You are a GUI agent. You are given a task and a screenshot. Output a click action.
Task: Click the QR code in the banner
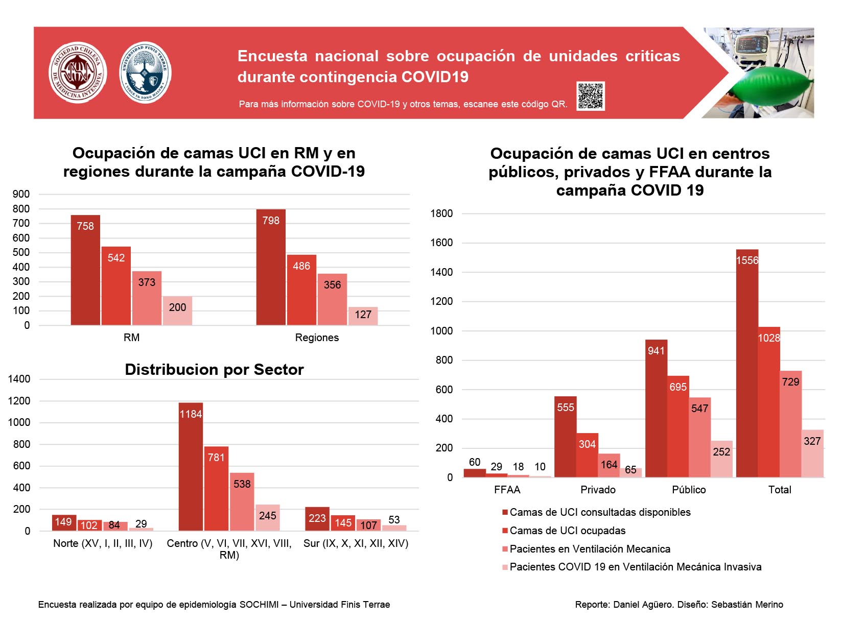pyautogui.click(x=590, y=95)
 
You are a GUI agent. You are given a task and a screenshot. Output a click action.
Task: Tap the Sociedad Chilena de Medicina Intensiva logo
pyautogui.click(x=78, y=72)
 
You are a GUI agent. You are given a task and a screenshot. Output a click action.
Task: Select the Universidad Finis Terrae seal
pyautogui.click(x=145, y=72)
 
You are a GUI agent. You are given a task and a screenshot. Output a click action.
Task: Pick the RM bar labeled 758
pyautogui.click(x=85, y=270)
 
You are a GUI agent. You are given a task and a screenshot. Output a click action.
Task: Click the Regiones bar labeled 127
pyautogui.click(x=363, y=316)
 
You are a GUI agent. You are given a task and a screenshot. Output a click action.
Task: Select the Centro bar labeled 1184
pyautogui.click(x=191, y=466)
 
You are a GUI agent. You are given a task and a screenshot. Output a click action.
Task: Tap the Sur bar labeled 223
pyautogui.click(x=317, y=519)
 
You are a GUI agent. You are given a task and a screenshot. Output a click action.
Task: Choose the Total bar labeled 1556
pyautogui.click(x=747, y=363)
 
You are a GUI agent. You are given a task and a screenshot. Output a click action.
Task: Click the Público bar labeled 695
pyautogui.click(x=677, y=426)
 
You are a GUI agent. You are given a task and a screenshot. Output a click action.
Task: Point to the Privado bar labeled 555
pyautogui.click(x=565, y=437)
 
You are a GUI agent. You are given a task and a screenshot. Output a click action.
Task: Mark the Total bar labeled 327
pyautogui.click(x=812, y=453)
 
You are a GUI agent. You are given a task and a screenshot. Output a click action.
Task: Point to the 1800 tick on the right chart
pyautogui.click(x=441, y=213)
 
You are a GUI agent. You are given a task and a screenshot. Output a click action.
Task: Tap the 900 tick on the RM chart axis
pyautogui.click(x=21, y=194)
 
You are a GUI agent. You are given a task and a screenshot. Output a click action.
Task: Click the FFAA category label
pyautogui.click(x=507, y=489)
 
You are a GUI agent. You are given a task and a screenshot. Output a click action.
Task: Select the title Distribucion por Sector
pyautogui.click(x=214, y=369)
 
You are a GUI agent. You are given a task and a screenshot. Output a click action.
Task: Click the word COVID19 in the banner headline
pyautogui.click(x=435, y=77)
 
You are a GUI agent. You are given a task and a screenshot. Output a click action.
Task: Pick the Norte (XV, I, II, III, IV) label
pyautogui.click(x=103, y=543)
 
